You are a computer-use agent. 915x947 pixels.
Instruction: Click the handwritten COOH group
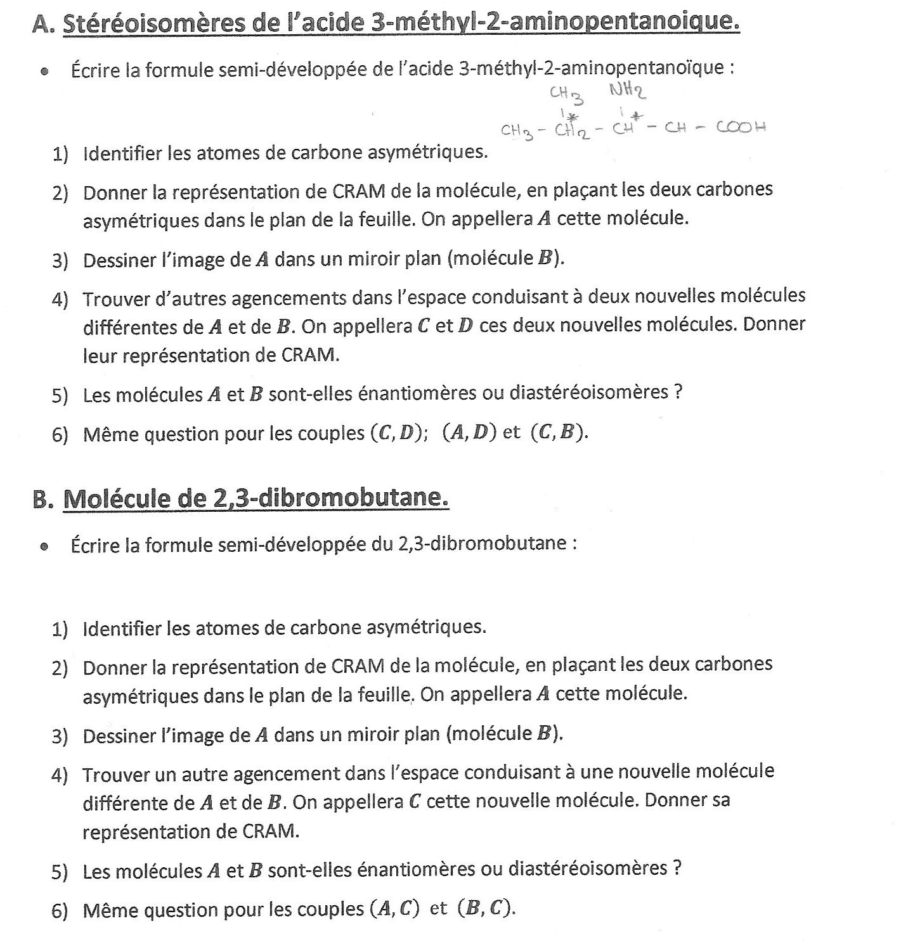coord(741,127)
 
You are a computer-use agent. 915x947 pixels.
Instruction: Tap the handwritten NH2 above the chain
coord(628,91)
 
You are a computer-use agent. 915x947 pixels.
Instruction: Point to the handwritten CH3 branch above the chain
coord(567,95)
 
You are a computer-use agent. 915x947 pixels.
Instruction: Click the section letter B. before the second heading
coord(43,499)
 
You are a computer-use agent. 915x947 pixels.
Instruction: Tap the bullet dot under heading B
coord(44,546)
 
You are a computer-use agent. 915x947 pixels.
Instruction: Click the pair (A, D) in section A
coord(468,432)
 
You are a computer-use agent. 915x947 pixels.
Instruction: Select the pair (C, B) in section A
coord(559,432)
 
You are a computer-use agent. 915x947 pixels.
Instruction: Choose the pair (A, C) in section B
coord(394,909)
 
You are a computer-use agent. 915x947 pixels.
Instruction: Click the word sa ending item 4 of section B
coord(721,800)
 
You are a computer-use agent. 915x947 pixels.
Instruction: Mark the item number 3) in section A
coord(60,261)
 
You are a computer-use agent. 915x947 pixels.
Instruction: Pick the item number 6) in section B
coord(60,911)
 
